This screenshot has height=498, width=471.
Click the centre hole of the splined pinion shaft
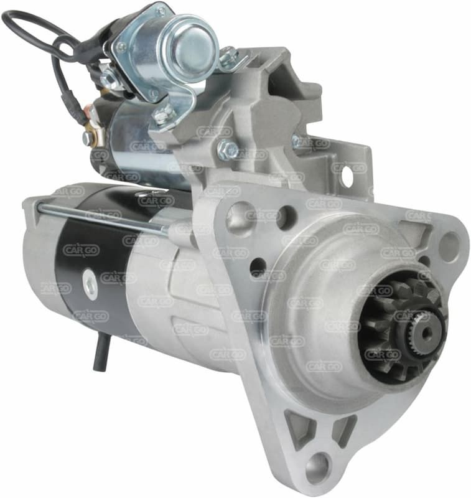coord(427,332)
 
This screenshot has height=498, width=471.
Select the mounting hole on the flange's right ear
coord(449,243)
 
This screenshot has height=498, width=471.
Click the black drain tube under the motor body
coord(101,352)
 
